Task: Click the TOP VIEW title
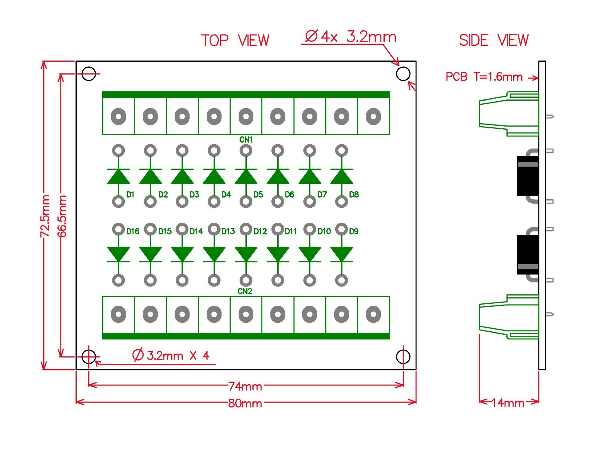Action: (235, 41)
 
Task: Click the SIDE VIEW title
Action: (494, 40)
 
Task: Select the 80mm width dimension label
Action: (245, 403)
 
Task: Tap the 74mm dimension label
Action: (245, 386)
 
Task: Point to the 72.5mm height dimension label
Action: (45, 216)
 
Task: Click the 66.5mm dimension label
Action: (62, 216)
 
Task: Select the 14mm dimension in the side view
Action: (508, 403)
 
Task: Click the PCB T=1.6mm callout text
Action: (484, 77)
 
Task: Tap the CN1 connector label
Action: (246, 140)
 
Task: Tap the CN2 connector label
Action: (245, 291)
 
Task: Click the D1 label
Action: (130, 195)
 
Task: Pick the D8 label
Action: (354, 195)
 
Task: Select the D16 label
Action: (133, 231)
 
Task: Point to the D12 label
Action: (260, 231)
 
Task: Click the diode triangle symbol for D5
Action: (246, 176)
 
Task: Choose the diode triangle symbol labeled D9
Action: (342, 254)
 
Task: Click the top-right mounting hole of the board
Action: (403, 74)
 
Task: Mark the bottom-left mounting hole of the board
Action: (89, 357)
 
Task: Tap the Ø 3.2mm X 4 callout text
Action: (171, 355)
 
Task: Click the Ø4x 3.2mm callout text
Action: (351, 37)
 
